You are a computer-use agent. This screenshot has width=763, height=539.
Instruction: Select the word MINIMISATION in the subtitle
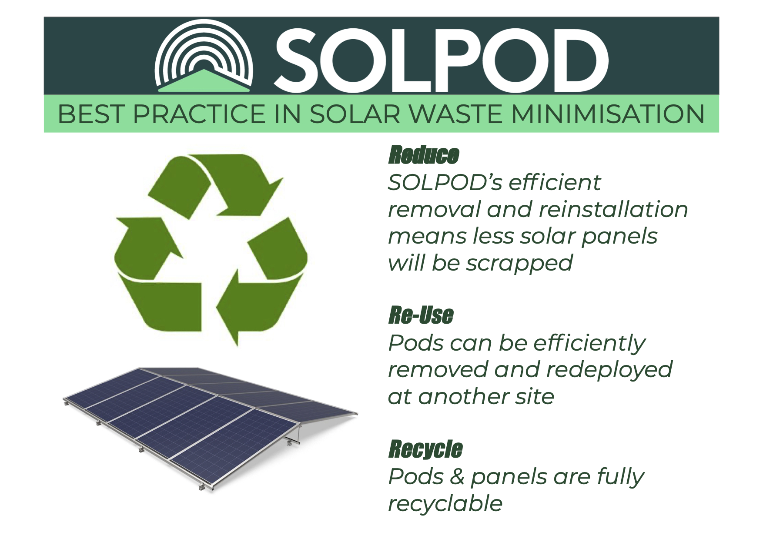[x=608, y=114]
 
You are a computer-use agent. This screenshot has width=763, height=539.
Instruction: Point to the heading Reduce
[x=424, y=155]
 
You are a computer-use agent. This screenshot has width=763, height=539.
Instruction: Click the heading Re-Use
[x=421, y=315]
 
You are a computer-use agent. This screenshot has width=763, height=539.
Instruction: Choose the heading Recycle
[x=425, y=449]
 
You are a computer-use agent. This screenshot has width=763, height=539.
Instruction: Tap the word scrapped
[x=519, y=264]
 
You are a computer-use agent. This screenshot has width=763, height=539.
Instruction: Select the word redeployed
[x=609, y=370]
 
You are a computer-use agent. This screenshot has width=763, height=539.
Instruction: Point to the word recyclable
[x=445, y=504]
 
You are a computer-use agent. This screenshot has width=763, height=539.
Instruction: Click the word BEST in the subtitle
[x=91, y=114]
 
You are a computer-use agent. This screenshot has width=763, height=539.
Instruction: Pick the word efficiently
[x=589, y=343]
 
